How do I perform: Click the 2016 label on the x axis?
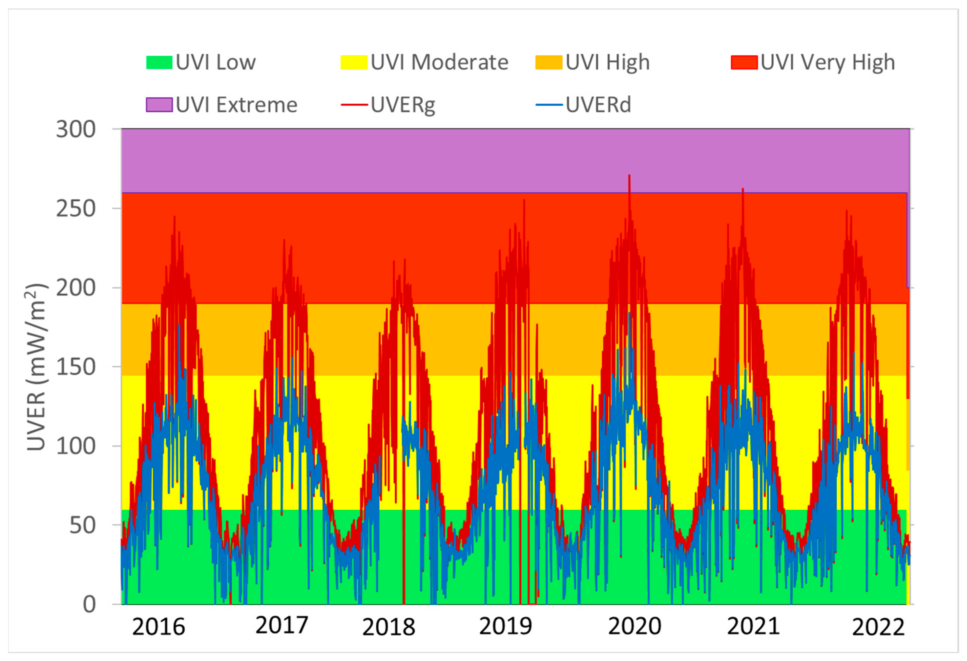coord(158,627)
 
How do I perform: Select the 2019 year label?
coord(505,626)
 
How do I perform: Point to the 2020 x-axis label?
coord(635,626)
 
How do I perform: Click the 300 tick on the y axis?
coord(76,129)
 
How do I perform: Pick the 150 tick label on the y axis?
coord(76,367)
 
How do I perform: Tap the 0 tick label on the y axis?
coord(89,604)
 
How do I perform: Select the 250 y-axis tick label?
coord(76,209)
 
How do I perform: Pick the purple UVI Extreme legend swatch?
coord(159,105)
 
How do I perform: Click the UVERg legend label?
coord(403,105)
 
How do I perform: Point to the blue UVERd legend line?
coord(549,105)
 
